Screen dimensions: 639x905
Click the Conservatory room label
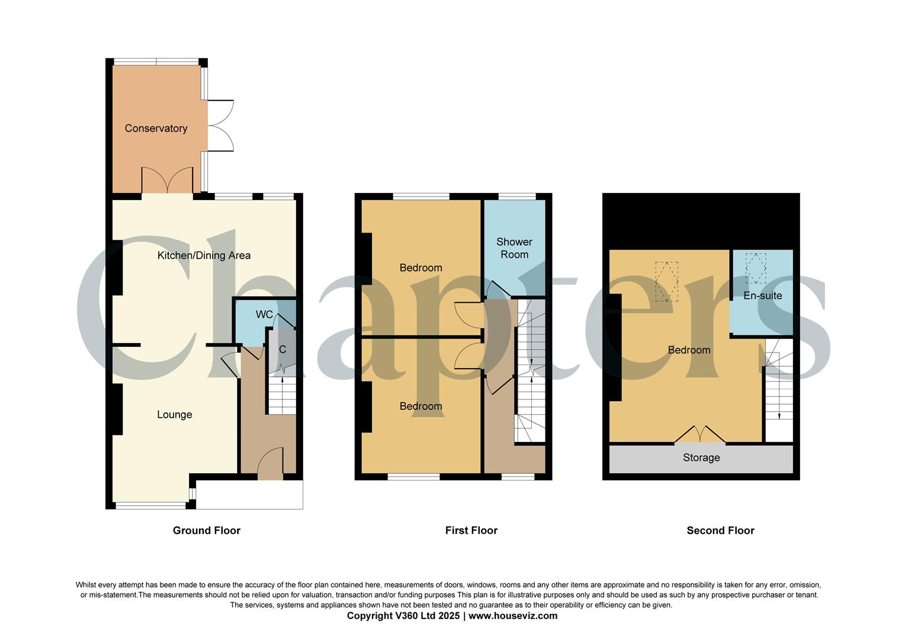coord(156,128)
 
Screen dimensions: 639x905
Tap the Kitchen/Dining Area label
coord(204,256)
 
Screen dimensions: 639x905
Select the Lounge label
coord(174,415)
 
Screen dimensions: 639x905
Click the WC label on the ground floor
coord(264,314)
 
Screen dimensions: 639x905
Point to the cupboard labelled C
coord(283,350)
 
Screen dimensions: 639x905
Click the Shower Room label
coord(514,248)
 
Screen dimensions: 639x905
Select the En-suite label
coord(762,295)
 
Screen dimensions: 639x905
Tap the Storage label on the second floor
coord(701,457)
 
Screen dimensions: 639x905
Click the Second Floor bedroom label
coord(689,350)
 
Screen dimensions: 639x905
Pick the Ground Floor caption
coord(207,531)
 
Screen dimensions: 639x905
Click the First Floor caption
coord(471,531)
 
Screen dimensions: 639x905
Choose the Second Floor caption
coord(720,531)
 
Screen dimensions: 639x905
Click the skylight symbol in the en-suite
coord(755,267)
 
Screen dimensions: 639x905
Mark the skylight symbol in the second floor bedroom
coord(666,282)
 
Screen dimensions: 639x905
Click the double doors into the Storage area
coord(700,435)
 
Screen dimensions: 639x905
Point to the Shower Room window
coord(517,196)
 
